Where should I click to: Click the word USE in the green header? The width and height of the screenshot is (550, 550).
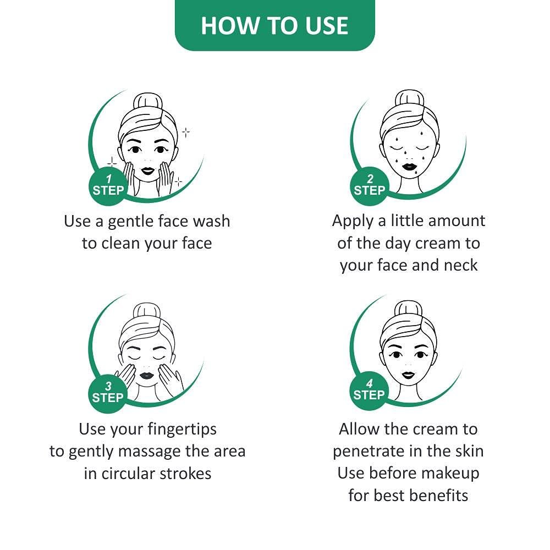(326, 26)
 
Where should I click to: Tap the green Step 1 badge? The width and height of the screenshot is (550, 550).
(108, 186)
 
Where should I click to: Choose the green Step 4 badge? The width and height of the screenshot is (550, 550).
(369, 391)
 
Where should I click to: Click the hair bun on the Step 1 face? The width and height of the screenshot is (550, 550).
(148, 102)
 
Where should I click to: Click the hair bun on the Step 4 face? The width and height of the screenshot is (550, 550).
(408, 310)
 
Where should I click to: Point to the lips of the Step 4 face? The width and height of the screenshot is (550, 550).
(408, 375)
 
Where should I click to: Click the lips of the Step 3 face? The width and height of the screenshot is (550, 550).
(147, 375)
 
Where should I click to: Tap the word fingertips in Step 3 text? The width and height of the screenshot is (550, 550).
(182, 430)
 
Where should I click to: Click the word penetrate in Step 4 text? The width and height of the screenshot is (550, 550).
(367, 452)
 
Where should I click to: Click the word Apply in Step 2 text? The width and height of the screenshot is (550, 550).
(353, 222)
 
